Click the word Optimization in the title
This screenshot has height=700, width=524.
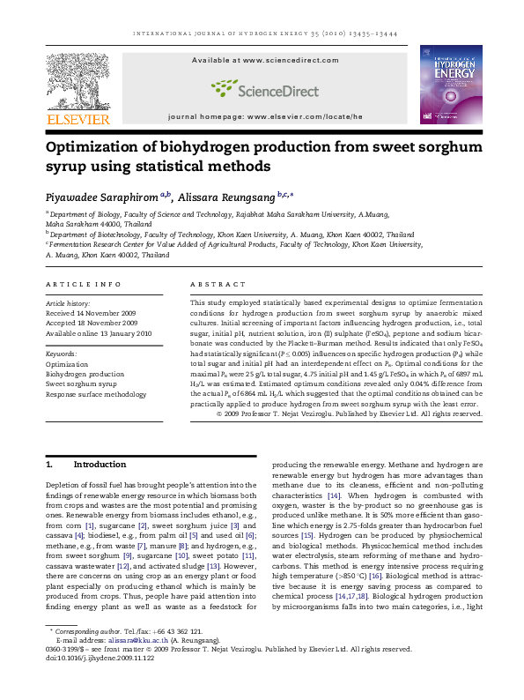tap(100, 146)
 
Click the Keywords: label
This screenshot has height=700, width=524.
tap(62, 353)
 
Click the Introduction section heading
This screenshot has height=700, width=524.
tap(100, 464)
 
